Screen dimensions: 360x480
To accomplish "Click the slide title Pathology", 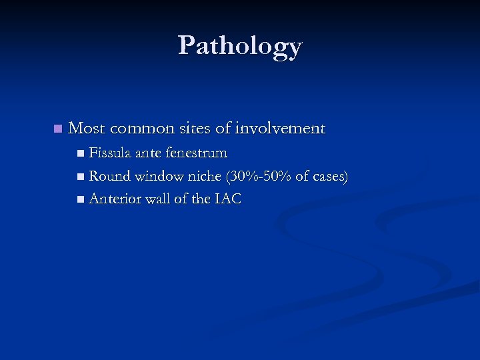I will click(x=240, y=46).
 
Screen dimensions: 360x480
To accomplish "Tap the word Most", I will click(x=85, y=128).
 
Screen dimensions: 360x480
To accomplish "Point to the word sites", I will click(x=193, y=128).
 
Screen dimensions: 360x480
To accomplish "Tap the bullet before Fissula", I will click(x=81, y=154).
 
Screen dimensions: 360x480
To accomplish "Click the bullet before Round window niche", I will click(x=81, y=177).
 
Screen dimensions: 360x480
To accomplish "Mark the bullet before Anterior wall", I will click(x=81, y=199).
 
